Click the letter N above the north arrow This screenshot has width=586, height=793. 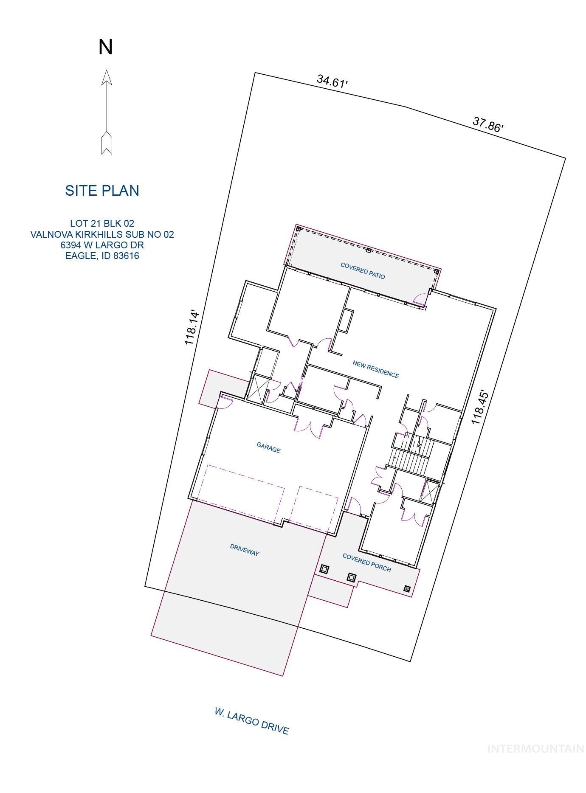[x=105, y=47]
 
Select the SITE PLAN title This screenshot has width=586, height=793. [x=102, y=191]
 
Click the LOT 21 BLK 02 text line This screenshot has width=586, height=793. [x=102, y=223]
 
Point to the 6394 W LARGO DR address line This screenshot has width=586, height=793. [x=102, y=245]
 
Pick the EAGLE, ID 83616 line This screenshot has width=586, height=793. [x=102, y=256]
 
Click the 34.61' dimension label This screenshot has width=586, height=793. [x=332, y=81]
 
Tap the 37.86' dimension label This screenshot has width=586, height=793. [x=488, y=125]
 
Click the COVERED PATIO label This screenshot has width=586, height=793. [x=363, y=270]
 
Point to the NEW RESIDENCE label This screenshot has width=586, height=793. [x=376, y=369]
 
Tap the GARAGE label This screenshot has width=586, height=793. [x=268, y=447]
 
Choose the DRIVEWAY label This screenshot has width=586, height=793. [x=245, y=550]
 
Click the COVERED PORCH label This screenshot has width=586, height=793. [x=366, y=562]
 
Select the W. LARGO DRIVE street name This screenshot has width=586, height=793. [x=251, y=721]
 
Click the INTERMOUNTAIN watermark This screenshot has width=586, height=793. [x=535, y=748]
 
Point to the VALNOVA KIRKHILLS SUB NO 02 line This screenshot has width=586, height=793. [x=102, y=234]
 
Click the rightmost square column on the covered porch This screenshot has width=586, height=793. [x=407, y=588]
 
